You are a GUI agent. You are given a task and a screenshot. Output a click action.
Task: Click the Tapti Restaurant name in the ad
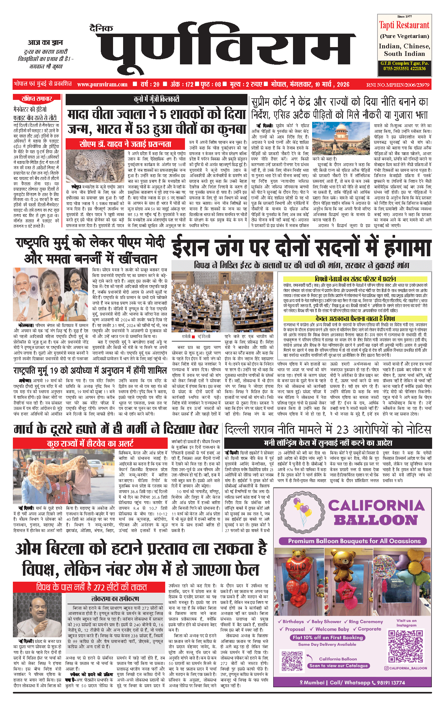(x=404, y=25)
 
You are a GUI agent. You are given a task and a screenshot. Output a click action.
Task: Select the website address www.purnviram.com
(x=102, y=84)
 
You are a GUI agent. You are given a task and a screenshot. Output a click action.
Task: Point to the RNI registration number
(x=398, y=85)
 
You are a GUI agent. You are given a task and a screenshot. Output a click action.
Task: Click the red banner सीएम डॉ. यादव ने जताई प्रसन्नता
(x=125, y=144)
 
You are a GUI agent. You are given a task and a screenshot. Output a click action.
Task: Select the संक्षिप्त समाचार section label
(x=37, y=99)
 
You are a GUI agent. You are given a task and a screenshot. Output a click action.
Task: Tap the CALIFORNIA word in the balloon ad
(x=376, y=506)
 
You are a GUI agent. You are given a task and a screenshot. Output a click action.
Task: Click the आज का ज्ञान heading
(x=45, y=43)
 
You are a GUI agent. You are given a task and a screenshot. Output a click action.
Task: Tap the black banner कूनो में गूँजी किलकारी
(x=156, y=100)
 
